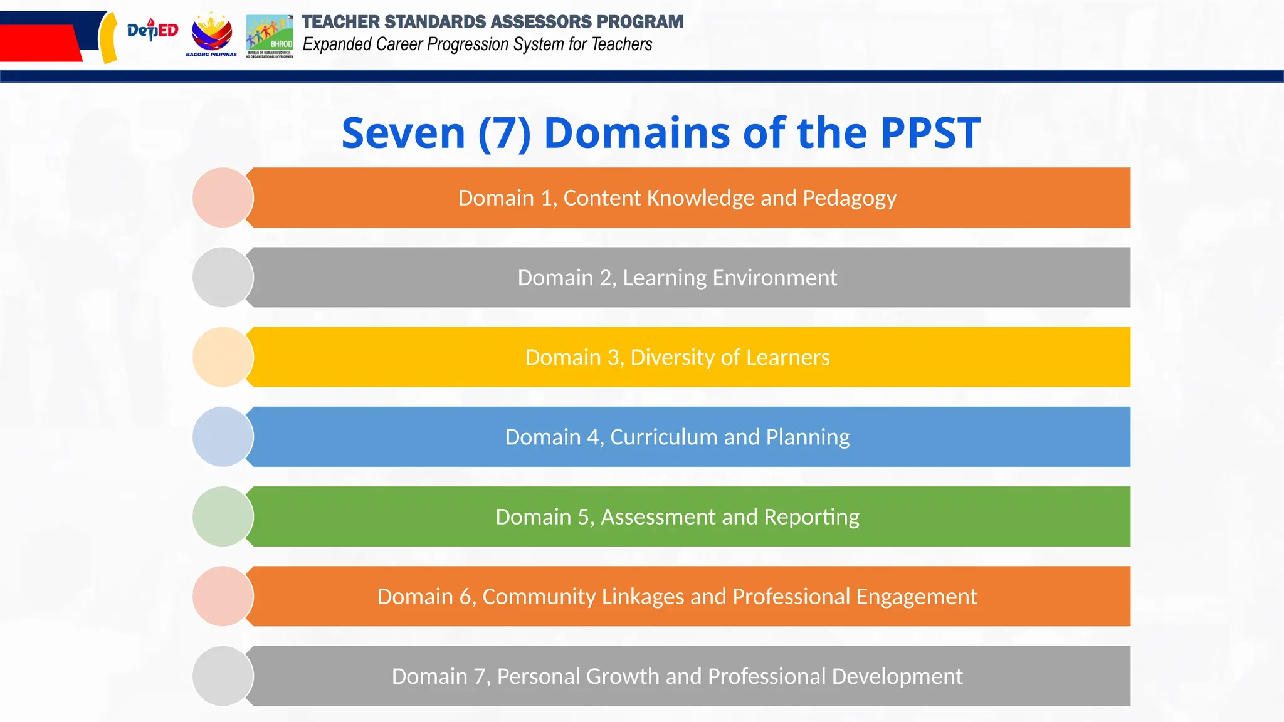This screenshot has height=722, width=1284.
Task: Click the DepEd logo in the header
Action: point(152,30)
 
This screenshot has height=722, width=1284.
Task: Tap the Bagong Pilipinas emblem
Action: point(211,34)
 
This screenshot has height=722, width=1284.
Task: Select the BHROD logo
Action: point(270,36)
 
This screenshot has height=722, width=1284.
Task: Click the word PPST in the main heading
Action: point(930,133)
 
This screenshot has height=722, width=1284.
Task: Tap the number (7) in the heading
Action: point(504,133)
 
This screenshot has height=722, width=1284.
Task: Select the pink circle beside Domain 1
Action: point(223,197)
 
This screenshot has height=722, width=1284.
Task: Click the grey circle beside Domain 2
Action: point(223,277)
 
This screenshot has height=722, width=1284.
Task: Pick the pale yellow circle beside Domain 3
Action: point(223,357)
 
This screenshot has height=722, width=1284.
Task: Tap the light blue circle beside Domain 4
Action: point(223,437)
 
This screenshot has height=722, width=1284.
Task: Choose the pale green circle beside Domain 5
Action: point(223,516)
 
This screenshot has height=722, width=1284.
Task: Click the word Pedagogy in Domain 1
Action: point(850,199)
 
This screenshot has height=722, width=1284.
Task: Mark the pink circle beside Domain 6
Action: point(223,596)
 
